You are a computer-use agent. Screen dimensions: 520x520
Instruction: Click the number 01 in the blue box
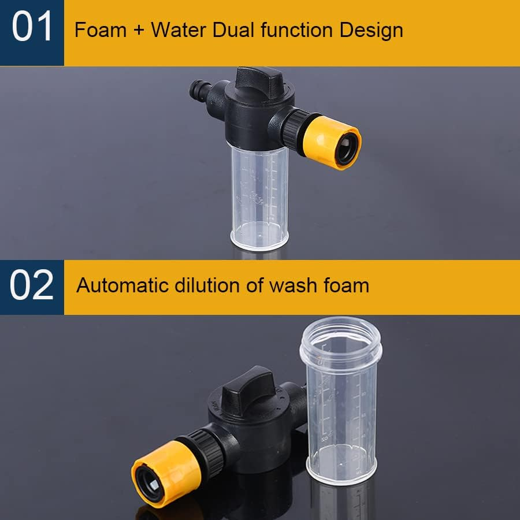pos(32,29)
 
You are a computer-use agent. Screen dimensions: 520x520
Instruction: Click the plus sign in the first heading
pos(139,31)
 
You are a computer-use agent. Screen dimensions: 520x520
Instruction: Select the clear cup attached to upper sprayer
pos(259,196)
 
